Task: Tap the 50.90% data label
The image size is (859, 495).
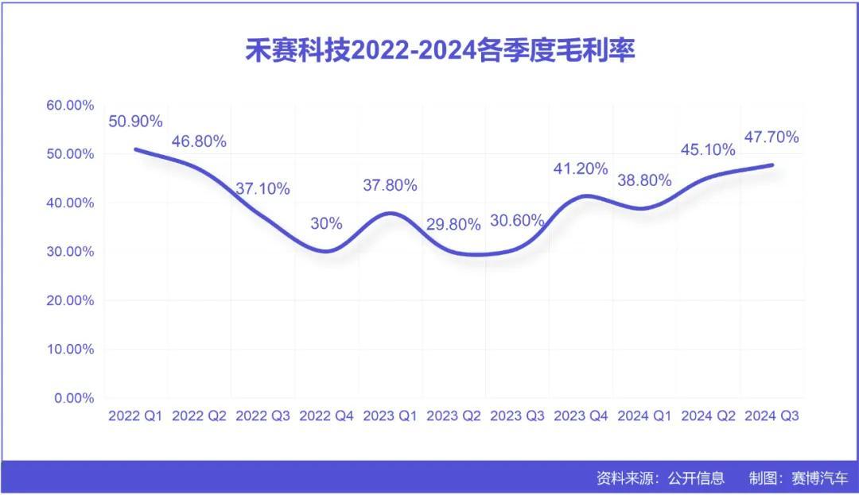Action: [135, 122]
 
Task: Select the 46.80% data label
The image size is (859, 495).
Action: [199, 141]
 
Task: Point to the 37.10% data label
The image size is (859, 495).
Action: [262, 189]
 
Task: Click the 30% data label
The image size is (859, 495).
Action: [326, 223]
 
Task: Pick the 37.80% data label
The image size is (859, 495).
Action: [390, 185]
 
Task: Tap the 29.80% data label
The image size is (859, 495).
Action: [453, 225]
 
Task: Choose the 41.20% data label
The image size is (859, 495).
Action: [581, 168]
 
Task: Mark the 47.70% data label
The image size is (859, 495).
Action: [772, 137]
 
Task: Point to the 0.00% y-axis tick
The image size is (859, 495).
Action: [75, 398]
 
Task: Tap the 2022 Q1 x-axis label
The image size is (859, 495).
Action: [135, 416]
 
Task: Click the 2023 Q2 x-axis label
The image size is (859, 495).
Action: [453, 416]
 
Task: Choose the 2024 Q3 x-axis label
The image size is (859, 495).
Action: [772, 416]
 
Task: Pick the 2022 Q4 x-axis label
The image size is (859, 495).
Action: [326, 416]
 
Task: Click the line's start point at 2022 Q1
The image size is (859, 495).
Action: [136, 149]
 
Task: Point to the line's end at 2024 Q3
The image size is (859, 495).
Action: [772, 165]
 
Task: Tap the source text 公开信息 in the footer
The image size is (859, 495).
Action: [696, 478]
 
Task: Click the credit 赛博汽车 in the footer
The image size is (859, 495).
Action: [820, 478]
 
